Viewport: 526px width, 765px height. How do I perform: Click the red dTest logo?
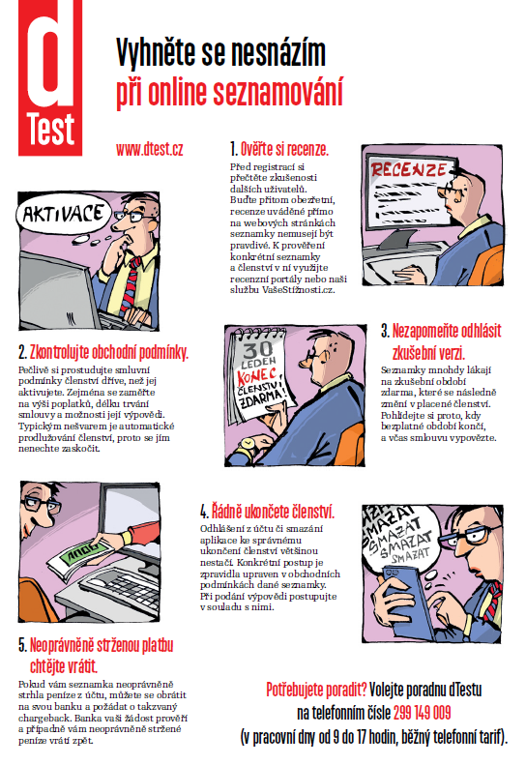pyautogui.click(x=50, y=77)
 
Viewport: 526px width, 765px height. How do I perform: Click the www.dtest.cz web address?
pyautogui.click(x=149, y=149)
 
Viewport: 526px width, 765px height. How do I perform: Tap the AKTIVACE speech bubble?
pyautogui.click(x=64, y=214)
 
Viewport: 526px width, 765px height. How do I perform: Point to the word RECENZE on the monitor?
pyautogui.click(x=408, y=169)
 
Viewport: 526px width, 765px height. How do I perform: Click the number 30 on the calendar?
pyautogui.click(x=257, y=350)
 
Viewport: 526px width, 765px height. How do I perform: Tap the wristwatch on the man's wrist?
pyautogui.click(x=247, y=445)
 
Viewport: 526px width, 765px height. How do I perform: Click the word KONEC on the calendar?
pyautogui.click(x=256, y=377)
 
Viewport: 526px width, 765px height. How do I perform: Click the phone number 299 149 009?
pyautogui.click(x=423, y=713)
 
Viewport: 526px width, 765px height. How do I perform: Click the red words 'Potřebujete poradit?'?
pyautogui.click(x=316, y=690)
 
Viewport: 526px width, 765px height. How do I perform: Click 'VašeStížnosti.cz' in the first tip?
pyautogui.click(x=298, y=290)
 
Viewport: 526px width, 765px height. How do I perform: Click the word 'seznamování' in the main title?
pyautogui.click(x=278, y=91)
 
